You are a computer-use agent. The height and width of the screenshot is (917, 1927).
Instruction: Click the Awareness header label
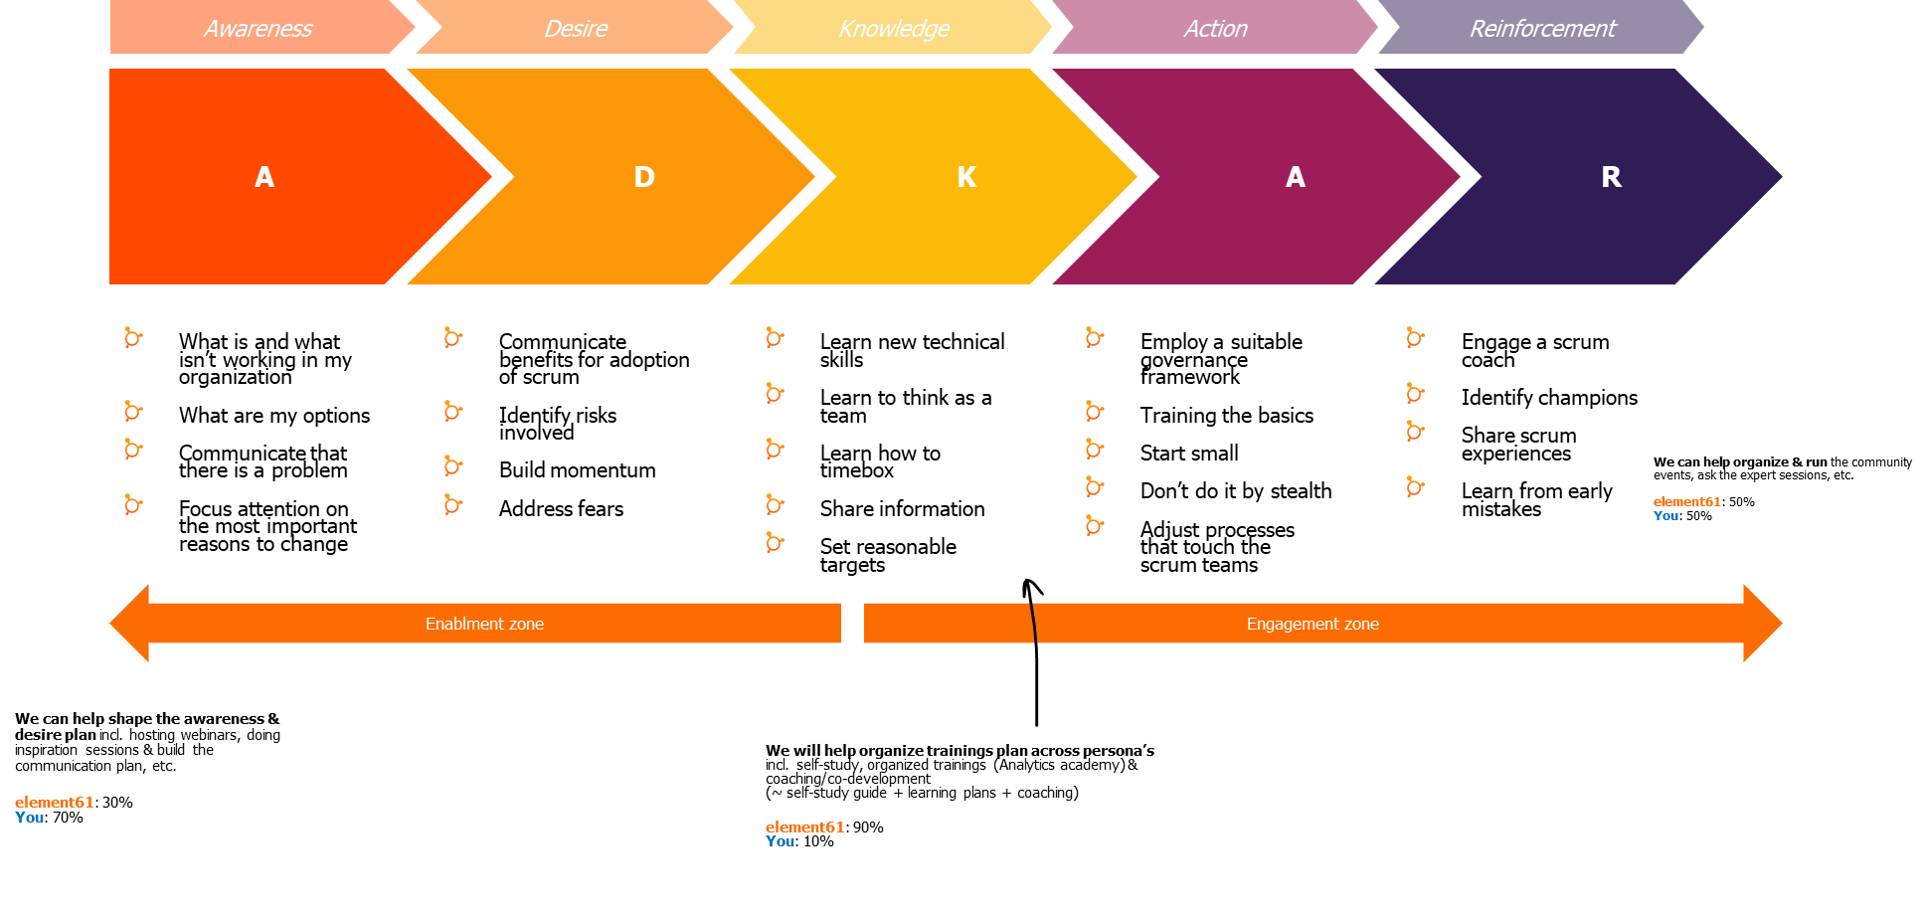click(x=258, y=29)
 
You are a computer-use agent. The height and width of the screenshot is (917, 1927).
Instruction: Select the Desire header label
click(x=575, y=29)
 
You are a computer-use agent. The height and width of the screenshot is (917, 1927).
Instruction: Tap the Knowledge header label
click(x=893, y=29)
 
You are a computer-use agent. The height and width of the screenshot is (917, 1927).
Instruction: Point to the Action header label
click(x=1215, y=29)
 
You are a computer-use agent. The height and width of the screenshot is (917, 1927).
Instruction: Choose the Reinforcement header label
click(x=1542, y=29)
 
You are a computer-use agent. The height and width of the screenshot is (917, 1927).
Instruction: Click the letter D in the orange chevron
click(x=644, y=177)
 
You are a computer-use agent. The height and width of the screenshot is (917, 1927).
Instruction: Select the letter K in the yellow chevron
click(x=966, y=177)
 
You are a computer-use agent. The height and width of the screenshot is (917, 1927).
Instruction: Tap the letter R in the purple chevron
click(x=1611, y=177)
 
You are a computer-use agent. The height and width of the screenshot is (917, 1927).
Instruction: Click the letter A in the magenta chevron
click(x=1295, y=177)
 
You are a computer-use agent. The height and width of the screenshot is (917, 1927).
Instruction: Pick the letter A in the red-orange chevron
click(x=263, y=177)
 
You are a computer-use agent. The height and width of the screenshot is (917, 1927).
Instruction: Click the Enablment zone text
click(x=484, y=624)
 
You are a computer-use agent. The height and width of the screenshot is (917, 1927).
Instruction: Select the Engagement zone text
click(x=1313, y=624)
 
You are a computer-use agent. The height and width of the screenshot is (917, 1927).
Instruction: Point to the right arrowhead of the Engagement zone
click(x=1762, y=624)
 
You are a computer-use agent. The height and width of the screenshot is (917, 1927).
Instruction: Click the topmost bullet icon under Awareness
click(x=132, y=337)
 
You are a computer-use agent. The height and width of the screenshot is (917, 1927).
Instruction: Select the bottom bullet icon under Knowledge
click(x=775, y=542)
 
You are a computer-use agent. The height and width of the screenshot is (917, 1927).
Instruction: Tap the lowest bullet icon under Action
click(x=1094, y=525)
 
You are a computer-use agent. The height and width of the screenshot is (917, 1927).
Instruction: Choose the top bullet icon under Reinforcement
click(x=1415, y=337)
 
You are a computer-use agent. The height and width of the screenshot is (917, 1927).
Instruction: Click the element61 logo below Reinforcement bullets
click(x=1686, y=507)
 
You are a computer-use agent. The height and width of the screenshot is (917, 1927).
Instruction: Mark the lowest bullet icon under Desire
click(x=452, y=504)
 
